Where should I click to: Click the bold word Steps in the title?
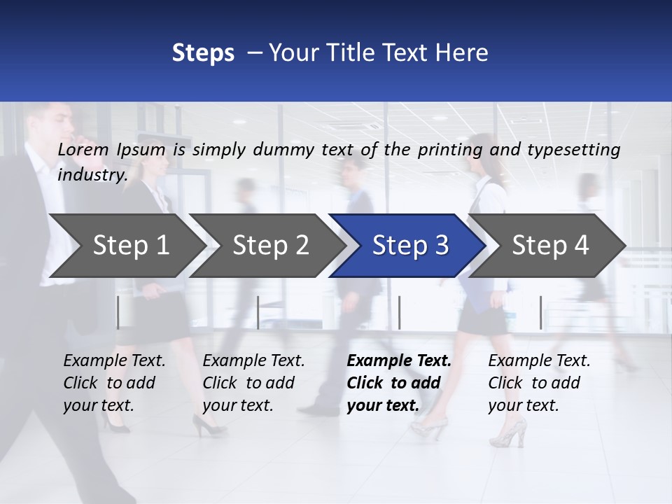(x=203, y=52)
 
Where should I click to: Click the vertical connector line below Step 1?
(x=118, y=312)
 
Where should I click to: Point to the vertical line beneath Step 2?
(x=258, y=312)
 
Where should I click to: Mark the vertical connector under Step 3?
(x=399, y=312)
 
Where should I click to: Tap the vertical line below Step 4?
(x=540, y=312)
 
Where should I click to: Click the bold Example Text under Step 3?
(x=399, y=382)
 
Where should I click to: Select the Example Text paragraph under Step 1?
(x=114, y=382)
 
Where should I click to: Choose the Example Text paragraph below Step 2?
(x=253, y=382)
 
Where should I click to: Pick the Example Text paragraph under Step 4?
(x=539, y=382)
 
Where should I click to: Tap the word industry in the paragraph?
(x=92, y=174)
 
